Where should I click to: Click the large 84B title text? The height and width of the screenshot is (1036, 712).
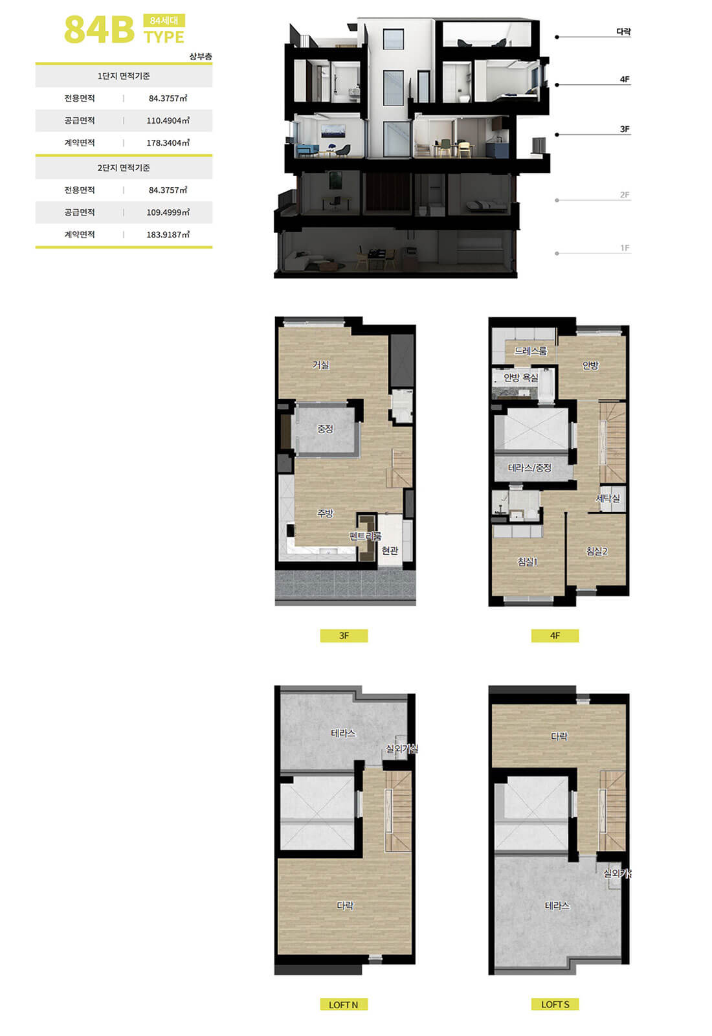click(99, 30)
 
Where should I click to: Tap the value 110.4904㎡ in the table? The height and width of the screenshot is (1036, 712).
click(168, 120)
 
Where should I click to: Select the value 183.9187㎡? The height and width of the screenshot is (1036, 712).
click(168, 234)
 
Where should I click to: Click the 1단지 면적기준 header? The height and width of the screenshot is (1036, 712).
click(124, 76)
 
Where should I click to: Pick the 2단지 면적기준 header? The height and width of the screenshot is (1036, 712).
click(124, 168)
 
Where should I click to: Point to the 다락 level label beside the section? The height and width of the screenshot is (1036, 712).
click(623, 32)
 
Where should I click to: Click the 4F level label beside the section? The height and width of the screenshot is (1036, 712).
click(625, 80)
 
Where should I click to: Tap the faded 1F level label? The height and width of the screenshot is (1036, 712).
click(625, 248)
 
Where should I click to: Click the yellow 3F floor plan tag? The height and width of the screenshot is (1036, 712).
click(344, 635)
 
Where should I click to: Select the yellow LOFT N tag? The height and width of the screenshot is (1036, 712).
click(344, 1004)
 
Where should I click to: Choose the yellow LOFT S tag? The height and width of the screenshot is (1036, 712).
click(555, 1004)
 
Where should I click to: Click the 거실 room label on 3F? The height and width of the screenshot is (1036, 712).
click(321, 365)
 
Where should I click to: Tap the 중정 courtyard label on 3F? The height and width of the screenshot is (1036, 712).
click(325, 429)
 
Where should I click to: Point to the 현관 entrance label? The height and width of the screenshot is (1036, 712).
click(390, 550)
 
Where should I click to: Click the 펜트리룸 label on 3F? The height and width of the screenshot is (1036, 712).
click(365, 536)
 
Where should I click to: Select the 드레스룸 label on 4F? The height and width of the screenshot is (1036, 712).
click(531, 351)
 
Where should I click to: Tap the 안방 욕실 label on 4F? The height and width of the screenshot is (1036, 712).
click(521, 378)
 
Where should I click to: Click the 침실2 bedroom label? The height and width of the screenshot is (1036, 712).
click(596, 551)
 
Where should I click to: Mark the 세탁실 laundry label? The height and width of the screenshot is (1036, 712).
click(608, 498)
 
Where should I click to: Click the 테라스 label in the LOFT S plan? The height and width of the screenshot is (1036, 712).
click(557, 906)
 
